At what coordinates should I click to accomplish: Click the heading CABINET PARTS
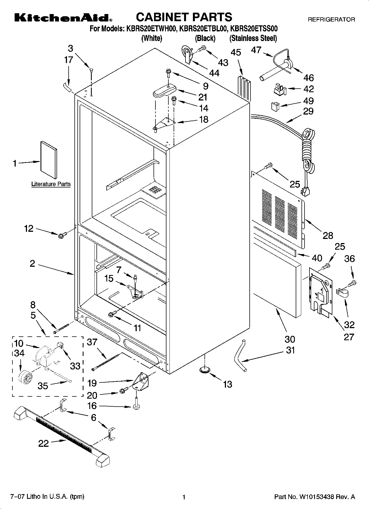pos(184,17)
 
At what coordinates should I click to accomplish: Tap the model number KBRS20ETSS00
pos(254,29)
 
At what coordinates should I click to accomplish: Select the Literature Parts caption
pos(51,184)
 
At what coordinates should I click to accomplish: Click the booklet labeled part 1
pos(49,160)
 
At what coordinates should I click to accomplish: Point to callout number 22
pos(44,443)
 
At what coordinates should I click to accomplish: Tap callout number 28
pos(328,235)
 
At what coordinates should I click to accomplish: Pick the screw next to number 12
pos(61,235)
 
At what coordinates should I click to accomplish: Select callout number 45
pos(236,52)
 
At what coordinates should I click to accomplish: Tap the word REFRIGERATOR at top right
pos(331,20)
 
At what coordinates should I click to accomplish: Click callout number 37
pos(92,342)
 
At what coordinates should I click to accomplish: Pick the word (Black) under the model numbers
pos(205,38)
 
